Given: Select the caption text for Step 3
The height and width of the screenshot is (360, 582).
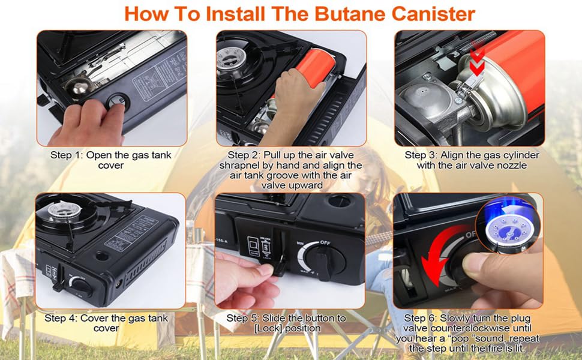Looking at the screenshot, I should pyautogui.click(x=471, y=160).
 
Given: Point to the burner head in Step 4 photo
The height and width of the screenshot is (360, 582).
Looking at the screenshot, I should pyautogui.click(x=61, y=212).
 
